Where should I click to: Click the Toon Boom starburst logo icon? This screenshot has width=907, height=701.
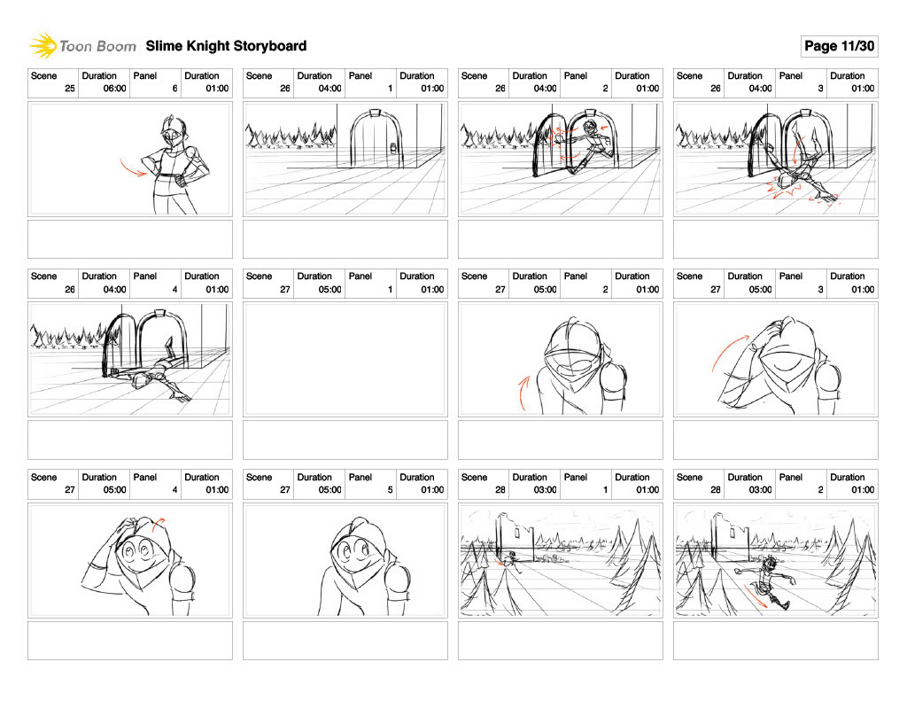(43, 46)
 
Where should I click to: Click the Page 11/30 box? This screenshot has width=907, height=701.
(839, 46)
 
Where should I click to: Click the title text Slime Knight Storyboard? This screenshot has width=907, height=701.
(226, 46)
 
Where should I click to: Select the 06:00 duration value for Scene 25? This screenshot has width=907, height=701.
(114, 89)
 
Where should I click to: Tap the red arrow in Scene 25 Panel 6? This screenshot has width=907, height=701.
(133, 167)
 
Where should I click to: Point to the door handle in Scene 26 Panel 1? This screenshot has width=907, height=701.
(395, 148)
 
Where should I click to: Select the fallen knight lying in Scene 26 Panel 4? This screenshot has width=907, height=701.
(151, 373)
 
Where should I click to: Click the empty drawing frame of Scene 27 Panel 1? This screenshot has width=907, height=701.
(345, 359)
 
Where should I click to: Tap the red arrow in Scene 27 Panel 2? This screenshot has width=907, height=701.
(523, 393)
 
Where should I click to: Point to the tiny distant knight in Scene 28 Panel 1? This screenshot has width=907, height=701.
(510, 559)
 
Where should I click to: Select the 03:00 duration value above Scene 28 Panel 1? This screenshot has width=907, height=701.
(545, 490)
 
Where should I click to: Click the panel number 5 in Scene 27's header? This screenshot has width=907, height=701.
(390, 490)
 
